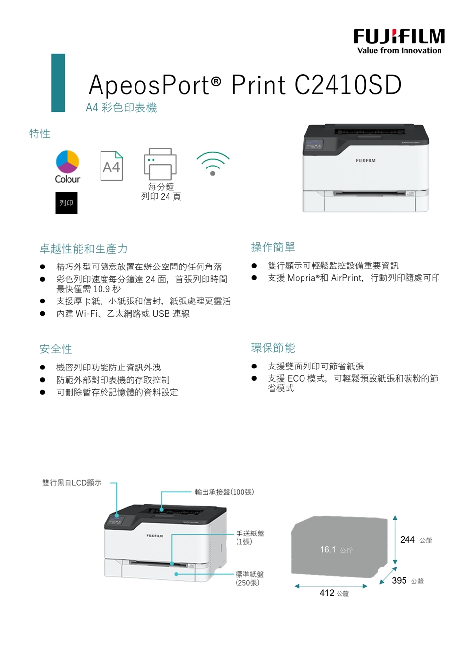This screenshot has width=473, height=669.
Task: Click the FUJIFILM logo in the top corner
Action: click(399, 41)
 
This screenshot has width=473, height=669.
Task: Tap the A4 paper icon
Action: click(112, 166)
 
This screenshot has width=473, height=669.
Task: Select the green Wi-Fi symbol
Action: click(213, 164)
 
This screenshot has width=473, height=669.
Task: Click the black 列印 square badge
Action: click(67, 203)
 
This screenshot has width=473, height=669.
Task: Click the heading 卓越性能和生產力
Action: click(84, 248)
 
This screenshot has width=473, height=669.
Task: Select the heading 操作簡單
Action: click(273, 247)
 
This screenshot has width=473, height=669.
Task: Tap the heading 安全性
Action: click(56, 348)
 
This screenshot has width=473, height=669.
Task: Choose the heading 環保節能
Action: click(273, 347)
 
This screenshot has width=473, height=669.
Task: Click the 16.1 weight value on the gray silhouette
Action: click(328, 549)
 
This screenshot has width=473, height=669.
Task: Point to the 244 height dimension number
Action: click(407, 539)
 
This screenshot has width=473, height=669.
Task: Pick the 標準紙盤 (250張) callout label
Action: click(249, 578)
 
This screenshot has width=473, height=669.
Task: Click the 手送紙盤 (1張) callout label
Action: click(250, 537)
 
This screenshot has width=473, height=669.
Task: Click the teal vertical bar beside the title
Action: click(58, 83)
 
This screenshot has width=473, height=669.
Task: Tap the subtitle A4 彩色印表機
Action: click(121, 107)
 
